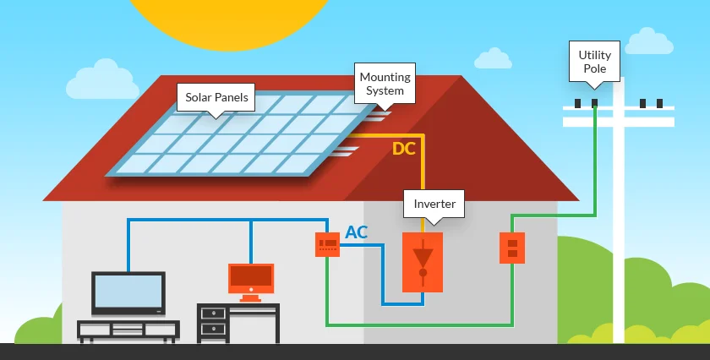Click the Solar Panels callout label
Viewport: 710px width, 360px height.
[217, 97]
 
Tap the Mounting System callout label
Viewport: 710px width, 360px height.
[385, 84]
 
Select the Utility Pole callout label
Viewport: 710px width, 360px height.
[594, 61]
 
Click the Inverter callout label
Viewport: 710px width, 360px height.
[434, 204]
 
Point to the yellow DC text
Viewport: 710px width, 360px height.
[404, 150]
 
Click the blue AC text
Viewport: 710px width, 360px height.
[357, 232]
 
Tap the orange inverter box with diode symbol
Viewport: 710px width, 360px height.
[423, 263]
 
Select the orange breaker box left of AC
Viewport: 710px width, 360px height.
[327, 245]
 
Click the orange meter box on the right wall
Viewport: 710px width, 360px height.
[511, 248]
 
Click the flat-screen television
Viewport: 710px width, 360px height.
[128, 292]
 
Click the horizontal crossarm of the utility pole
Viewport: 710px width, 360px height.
[618, 117]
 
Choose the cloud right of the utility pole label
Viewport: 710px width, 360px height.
[652, 41]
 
